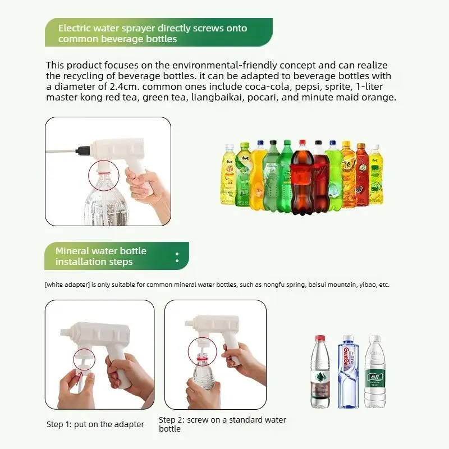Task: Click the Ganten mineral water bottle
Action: coord(347,372)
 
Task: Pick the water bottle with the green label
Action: coord(375,372)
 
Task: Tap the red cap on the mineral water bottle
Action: coord(320,338)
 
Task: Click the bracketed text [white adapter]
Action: coord(67,285)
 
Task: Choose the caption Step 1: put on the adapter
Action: coord(95,424)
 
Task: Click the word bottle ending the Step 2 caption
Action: coord(170,429)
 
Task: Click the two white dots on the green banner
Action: coord(177,257)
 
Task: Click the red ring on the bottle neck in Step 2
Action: coord(202,358)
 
